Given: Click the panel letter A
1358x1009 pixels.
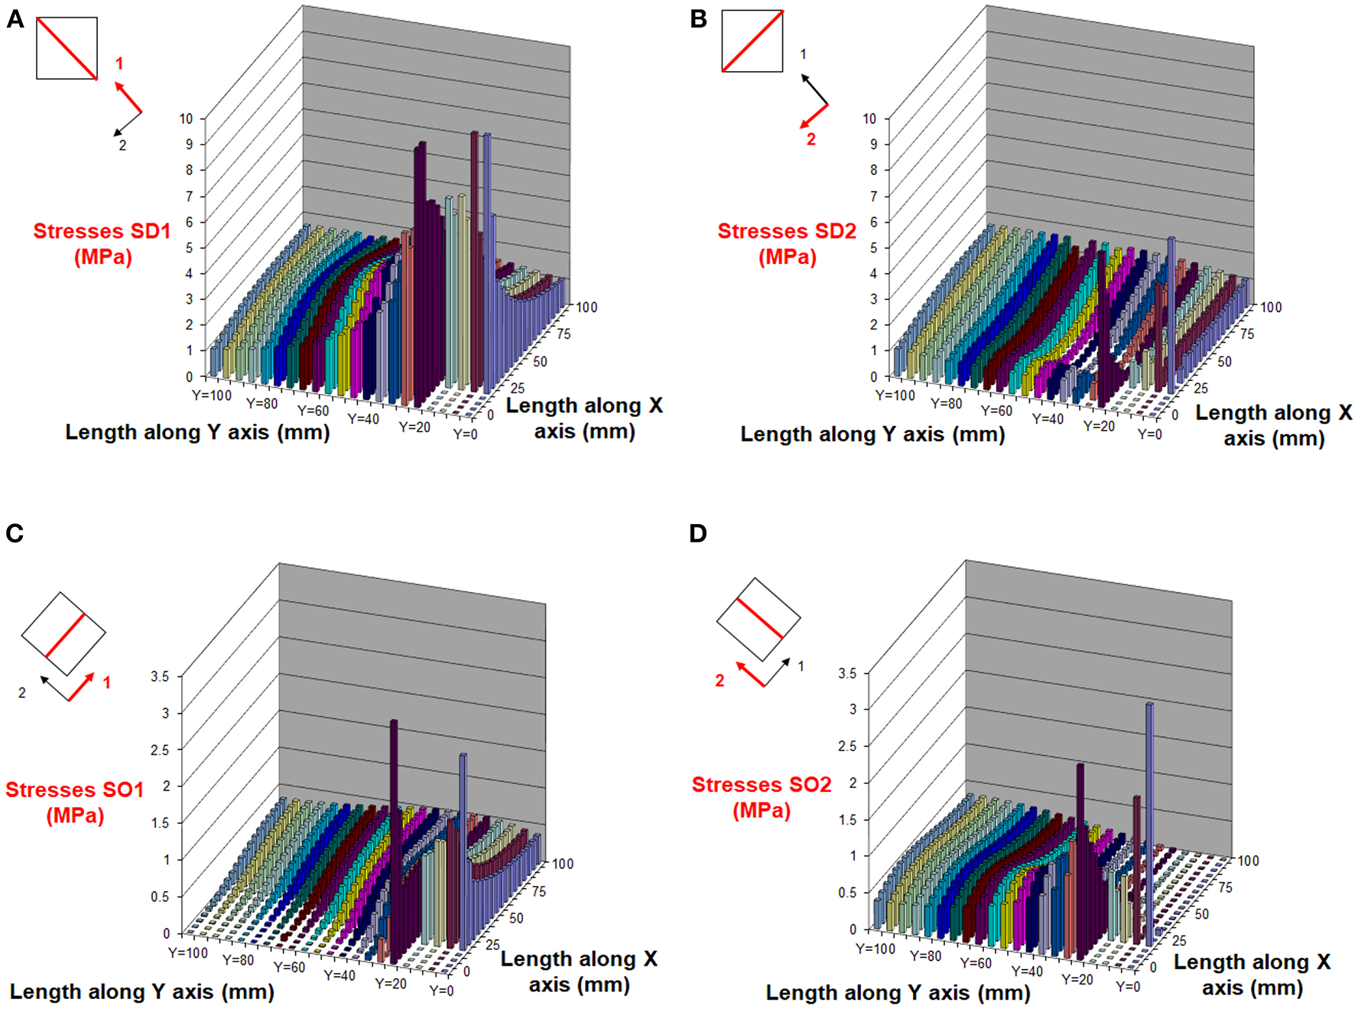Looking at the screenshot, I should click(15, 19).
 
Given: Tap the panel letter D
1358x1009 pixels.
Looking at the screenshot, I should click(697, 533).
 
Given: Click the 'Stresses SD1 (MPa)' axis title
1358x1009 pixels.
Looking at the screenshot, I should click(102, 243).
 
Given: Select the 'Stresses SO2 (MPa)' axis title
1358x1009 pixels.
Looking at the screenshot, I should click(761, 796).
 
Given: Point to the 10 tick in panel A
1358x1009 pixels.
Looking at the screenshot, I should click(186, 119).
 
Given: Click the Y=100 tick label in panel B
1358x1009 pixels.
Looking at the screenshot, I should click(895, 395).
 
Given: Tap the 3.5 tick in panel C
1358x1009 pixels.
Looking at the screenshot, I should click(160, 676).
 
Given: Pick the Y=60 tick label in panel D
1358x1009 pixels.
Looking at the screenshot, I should click(976, 963).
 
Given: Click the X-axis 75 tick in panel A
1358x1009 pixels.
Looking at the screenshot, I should click(564, 334).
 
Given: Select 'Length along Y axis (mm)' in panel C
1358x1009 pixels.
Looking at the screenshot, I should click(142, 992).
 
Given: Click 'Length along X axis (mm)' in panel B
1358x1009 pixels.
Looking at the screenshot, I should click(1273, 425).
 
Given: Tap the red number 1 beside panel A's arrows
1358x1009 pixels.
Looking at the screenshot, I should click(119, 63).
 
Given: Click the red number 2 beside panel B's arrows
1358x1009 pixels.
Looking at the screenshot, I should click(811, 139).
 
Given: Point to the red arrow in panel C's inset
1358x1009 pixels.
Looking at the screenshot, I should click(81, 687).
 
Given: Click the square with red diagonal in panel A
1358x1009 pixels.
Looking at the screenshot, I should click(67, 48).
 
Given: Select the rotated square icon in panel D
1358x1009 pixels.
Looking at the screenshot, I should click(759, 619).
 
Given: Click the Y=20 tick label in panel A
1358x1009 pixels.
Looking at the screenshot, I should click(414, 427).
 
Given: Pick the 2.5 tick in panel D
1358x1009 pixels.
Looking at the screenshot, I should click(846, 746).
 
